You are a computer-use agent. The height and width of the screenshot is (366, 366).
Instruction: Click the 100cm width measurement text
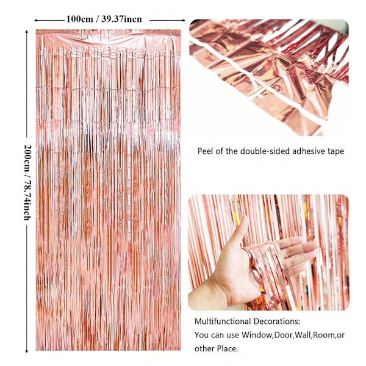coord(79,19)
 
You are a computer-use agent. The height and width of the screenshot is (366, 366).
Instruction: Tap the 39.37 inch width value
coord(121,19)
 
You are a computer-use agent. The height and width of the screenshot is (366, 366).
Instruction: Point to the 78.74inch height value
coord(28,200)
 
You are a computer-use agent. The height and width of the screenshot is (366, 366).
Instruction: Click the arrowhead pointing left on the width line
coord(36,21)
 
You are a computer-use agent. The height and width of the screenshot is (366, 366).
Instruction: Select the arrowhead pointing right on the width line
coord(183,20)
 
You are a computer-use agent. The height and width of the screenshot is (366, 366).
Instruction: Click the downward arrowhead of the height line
coord(27,351)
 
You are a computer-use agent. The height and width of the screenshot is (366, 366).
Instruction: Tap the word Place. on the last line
coord(228,349)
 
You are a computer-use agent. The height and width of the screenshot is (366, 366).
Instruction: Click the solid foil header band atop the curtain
coord(108,37)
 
